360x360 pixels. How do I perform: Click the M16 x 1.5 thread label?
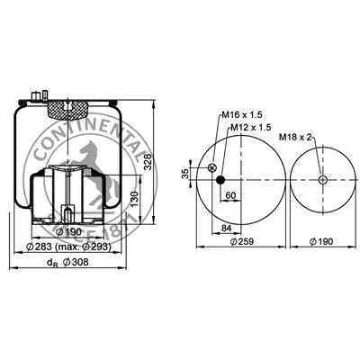point(242,114)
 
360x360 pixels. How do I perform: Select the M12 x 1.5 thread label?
point(251,128)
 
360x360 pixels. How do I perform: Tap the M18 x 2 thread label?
point(296,138)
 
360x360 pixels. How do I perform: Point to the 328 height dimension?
point(148,162)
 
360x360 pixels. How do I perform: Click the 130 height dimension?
point(135,199)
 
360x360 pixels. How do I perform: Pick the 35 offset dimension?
point(186,174)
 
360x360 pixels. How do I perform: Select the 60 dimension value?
point(230,195)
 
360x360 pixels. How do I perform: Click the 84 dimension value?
point(227,228)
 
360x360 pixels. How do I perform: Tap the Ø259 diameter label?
point(242,241)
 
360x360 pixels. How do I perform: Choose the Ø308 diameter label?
point(76,262)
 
